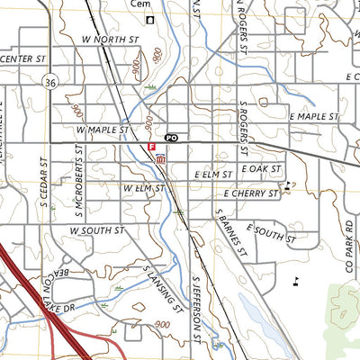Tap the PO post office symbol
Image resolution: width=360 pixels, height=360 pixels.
pos(172,138)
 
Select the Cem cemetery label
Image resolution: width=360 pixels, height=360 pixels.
pos(139,4)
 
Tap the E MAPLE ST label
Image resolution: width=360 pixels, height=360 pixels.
pos(313,117)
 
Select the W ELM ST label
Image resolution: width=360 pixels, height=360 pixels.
pos(142,188)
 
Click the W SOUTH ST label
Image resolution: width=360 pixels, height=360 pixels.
pos(95,230)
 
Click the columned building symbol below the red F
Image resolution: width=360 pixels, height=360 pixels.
pos(160,159)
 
